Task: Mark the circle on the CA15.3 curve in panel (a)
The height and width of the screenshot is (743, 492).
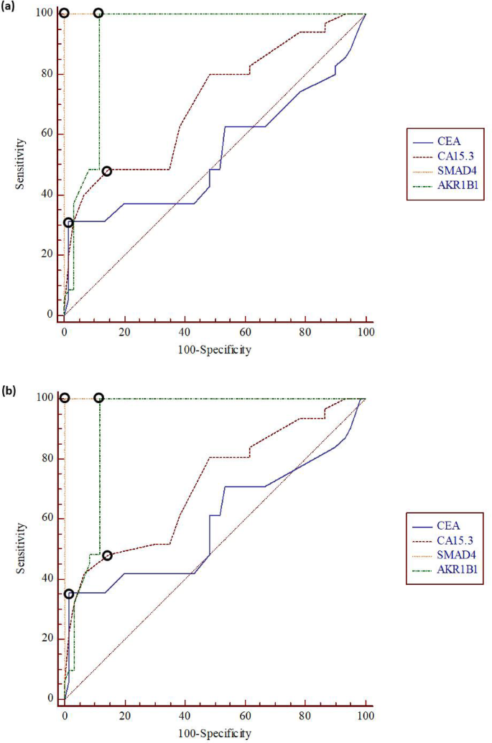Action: click(x=107, y=172)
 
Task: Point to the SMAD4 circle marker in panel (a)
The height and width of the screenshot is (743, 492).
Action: click(x=64, y=13)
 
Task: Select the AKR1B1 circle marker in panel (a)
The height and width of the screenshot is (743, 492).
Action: click(x=98, y=13)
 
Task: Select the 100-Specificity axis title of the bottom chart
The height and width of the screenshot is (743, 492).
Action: click(x=215, y=734)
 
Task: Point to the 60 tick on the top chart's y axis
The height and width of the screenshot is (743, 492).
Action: click(x=51, y=134)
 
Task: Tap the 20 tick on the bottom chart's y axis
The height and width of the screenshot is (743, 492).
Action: click(x=51, y=639)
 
